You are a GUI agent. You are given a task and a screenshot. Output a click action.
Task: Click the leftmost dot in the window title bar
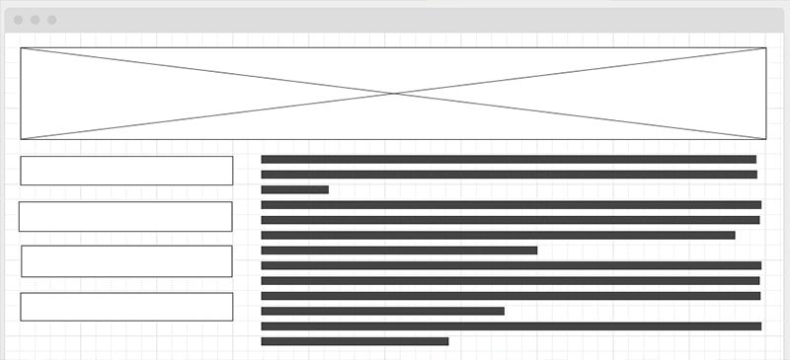18,20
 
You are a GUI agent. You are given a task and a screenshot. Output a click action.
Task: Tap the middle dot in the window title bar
35,20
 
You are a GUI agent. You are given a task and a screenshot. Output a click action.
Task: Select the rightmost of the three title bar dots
51,20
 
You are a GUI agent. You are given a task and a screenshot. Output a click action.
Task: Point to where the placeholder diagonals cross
394,94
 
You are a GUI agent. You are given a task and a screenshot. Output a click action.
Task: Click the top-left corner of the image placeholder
21,47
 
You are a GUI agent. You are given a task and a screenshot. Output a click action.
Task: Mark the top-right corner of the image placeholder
766,47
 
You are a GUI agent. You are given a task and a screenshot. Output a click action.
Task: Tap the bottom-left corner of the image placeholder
21,139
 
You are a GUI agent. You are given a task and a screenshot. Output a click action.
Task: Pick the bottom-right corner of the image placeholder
766,139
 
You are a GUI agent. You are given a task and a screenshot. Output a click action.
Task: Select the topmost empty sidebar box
126,171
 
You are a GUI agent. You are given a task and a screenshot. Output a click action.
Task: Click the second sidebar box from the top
125,216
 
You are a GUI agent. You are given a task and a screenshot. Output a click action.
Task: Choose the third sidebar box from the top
126,261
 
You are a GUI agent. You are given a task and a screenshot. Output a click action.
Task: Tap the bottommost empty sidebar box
126,307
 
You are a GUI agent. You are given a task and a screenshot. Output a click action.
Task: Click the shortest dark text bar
294,189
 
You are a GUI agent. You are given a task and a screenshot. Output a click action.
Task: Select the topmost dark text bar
509,159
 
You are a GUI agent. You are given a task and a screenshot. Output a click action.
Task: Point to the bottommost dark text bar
355,341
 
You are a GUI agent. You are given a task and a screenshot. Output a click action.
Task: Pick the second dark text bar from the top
509,175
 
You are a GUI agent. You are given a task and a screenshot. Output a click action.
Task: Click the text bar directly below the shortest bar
511,205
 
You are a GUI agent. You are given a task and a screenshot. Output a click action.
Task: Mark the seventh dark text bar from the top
399,251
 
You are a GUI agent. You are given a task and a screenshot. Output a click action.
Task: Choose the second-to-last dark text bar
511,326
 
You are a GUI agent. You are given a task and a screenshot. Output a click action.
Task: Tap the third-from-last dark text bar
382,311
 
